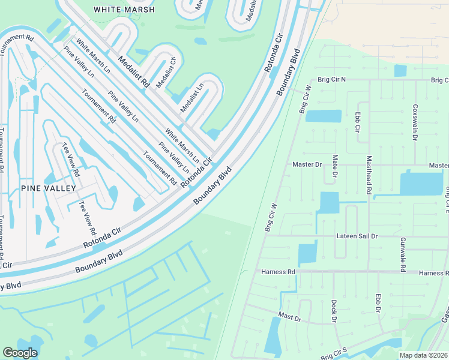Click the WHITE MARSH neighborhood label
coord(124,10)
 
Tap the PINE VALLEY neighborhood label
coord(49,188)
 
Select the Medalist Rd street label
coord(133,73)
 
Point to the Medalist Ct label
coord(166,73)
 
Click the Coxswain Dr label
coord(414,122)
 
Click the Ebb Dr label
coord(378,303)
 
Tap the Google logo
coord(20,353)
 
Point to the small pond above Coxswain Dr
coord(400,71)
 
